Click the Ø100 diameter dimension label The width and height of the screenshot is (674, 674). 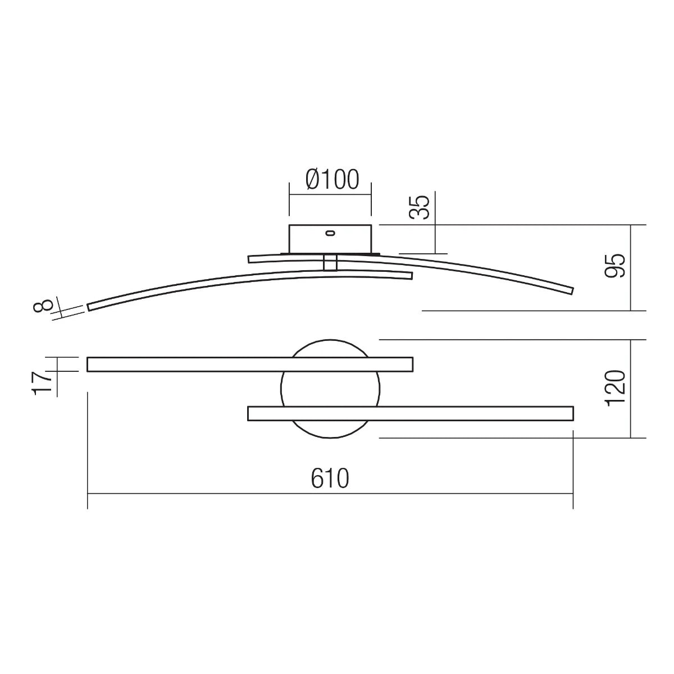click(x=331, y=180)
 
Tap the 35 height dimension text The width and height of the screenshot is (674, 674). click(x=420, y=207)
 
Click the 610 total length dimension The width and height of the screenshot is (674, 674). click(x=330, y=478)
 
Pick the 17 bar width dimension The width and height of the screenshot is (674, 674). click(x=43, y=383)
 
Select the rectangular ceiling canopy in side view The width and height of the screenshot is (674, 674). click(x=330, y=239)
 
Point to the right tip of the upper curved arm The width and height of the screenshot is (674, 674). click(x=571, y=290)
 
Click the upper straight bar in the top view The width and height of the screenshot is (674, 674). click(x=250, y=365)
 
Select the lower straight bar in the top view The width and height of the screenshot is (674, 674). click(x=410, y=414)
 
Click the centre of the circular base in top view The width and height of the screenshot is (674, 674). click(x=330, y=389)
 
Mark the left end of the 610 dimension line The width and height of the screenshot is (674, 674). click(x=88, y=494)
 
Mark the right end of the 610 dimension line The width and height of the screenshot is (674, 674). click(x=572, y=494)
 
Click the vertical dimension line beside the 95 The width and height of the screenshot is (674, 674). click(x=631, y=267)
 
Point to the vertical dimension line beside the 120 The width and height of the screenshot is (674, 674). click(x=631, y=389)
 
